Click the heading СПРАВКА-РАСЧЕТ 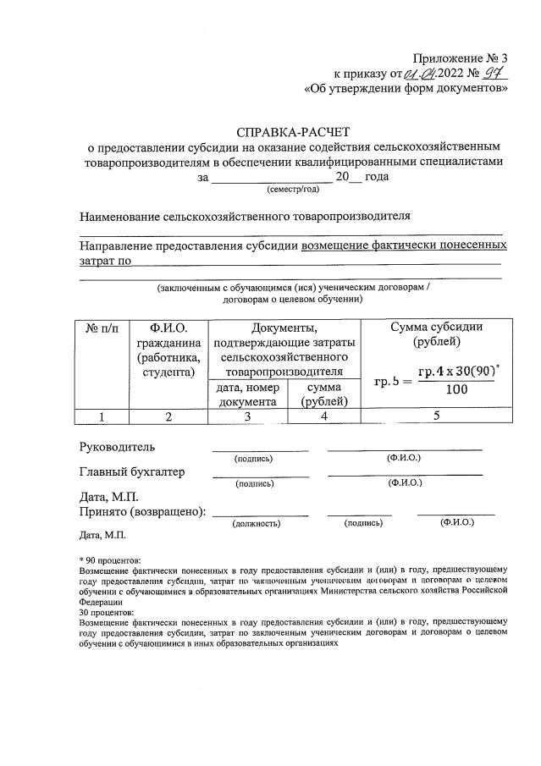(292, 131)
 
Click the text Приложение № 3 (461, 58)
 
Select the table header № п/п (102, 328)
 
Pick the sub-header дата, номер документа (247, 394)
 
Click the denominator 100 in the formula (456, 390)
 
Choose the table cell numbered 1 (102, 416)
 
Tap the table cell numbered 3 (247, 416)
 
